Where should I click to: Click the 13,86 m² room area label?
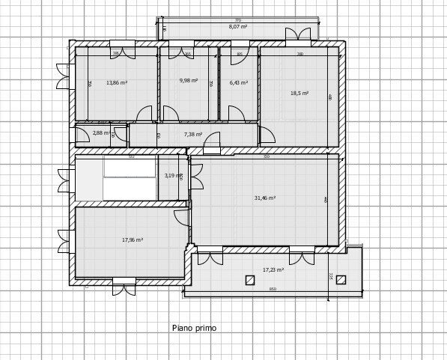point(116,82)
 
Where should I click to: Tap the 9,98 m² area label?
point(189,80)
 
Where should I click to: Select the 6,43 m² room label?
point(239,83)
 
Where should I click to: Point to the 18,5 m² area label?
point(299,94)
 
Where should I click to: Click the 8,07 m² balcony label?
point(238,27)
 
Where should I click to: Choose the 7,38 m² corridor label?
point(193,135)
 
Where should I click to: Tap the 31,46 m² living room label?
point(265,198)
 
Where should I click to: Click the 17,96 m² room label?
point(133,240)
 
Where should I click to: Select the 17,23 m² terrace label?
point(273,269)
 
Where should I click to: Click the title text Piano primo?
point(194,328)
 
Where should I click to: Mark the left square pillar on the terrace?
point(250,280)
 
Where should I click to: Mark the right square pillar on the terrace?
point(341,280)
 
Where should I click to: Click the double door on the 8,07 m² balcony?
point(297,34)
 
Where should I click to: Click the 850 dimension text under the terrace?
point(273,289)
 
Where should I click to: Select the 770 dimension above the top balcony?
point(238,20)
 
